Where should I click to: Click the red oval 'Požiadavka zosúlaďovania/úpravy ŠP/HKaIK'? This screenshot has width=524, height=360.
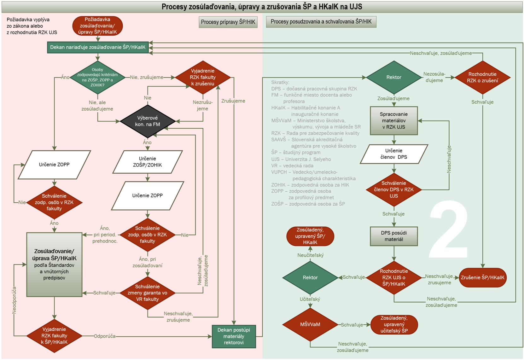point(97,26)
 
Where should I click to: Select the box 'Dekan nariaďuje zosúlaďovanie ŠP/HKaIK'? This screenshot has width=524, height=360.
point(98,47)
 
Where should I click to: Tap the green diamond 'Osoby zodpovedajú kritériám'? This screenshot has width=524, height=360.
point(97,77)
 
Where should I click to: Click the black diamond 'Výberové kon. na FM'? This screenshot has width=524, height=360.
point(148,121)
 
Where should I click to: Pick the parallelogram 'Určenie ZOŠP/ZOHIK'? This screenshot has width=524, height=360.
point(148,162)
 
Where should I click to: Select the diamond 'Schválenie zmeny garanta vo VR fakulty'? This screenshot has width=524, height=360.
point(148,293)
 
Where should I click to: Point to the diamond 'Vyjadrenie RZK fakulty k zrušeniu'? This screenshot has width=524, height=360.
point(203,77)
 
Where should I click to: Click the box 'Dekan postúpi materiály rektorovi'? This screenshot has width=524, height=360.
point(234,336)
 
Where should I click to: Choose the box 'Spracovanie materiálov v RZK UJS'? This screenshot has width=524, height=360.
point(393,121)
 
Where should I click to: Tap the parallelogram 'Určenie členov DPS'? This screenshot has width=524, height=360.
point(394,154)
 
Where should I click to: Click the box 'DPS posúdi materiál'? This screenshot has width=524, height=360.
point(394,236)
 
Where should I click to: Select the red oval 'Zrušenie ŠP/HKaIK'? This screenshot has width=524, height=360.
point(482,278)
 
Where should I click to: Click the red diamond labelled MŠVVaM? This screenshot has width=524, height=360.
point(310,324)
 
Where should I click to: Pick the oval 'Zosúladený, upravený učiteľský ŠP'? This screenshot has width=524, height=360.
point(394,324)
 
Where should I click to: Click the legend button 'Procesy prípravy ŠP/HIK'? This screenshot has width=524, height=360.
point(228,22)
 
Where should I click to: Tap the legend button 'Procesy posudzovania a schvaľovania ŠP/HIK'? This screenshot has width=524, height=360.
point(321,22)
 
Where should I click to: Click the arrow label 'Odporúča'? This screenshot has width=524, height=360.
point(105,336)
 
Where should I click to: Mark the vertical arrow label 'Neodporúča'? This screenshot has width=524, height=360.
point(14,300)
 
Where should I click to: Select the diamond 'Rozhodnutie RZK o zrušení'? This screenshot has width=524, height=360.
point(482,77)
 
